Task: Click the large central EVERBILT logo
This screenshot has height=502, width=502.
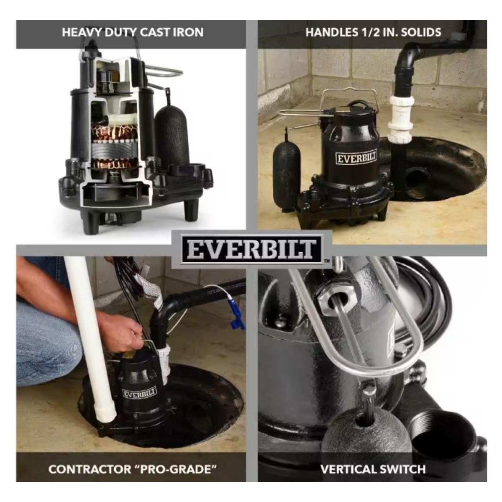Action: [x=251, y=249]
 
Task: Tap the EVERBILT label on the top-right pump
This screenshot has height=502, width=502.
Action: [x=356, y=158]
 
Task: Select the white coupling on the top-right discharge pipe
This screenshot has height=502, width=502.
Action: [x=401, y=119]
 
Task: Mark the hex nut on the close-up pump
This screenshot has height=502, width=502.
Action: [x=337, y=301]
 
